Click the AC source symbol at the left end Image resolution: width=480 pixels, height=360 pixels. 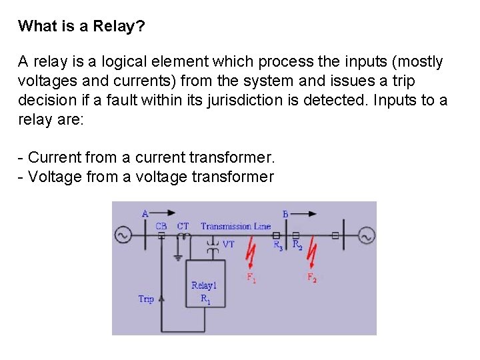[123, 235]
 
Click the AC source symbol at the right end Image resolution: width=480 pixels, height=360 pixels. [366, 235]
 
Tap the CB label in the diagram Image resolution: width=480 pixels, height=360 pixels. [161, 226]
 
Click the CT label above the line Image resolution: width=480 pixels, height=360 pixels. [183, 226]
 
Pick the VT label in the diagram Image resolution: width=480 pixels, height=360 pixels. [228, 245]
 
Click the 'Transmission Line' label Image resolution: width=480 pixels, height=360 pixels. [235, 226]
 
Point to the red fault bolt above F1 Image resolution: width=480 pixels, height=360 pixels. [251, 256]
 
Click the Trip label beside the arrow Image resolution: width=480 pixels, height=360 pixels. [146, 299]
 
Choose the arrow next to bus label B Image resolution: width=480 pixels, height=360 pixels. [306, 213]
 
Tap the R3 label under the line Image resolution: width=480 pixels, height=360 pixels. [278, 245]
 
